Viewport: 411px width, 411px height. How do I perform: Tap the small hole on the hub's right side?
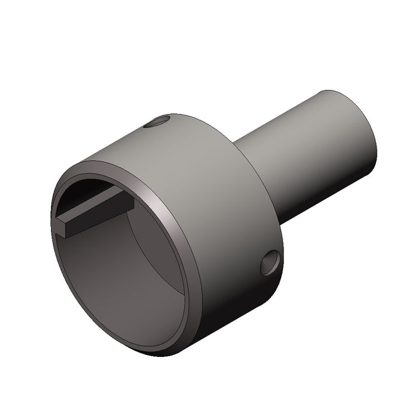[x=270, y=263]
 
